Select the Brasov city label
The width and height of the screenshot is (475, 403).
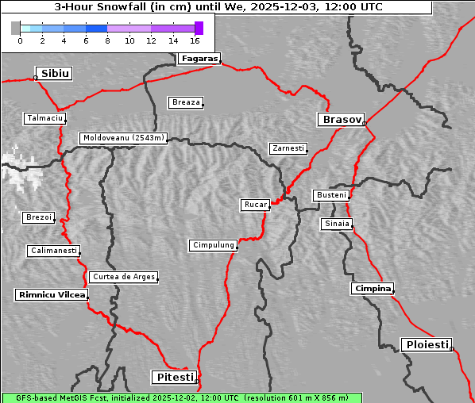341,120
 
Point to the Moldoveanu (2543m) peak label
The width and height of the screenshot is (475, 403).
124,138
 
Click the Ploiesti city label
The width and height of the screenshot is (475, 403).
427,344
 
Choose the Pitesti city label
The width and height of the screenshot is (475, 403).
173,377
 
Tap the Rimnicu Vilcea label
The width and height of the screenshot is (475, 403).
51,294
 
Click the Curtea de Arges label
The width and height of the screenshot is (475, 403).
123,277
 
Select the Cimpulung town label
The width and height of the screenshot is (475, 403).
213,245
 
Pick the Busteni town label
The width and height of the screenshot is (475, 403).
330,194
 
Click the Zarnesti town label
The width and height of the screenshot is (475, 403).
288,148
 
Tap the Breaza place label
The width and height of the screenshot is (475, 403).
187,102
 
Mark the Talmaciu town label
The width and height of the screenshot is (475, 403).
44,118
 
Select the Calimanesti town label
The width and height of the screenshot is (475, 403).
53,251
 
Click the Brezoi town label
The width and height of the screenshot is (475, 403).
38,217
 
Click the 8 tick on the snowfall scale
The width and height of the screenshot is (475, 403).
107,40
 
